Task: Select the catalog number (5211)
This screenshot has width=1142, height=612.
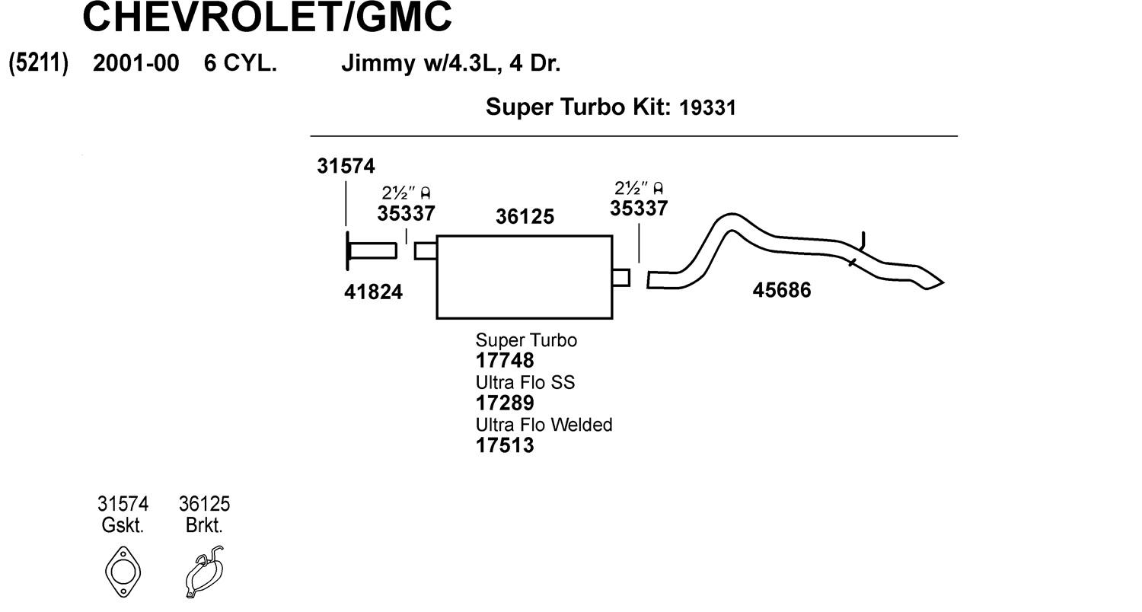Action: pos(39,62)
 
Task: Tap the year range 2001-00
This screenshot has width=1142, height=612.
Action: pos(136,63)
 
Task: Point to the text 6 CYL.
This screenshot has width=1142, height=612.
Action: pos(240,63)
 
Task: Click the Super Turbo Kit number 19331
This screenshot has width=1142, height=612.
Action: pos(707,108)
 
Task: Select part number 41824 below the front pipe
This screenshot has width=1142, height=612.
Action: pos(373,291)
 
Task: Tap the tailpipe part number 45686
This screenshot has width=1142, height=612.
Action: pos(781,290)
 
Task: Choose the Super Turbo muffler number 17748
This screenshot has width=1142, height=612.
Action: pos(505,360)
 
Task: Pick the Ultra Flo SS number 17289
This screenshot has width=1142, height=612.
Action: pos(505,403)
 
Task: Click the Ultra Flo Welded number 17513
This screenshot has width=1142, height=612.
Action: pos(505,445)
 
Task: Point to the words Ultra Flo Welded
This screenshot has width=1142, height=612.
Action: pos(544,424)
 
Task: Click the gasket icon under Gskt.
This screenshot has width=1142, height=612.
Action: pos(123,571)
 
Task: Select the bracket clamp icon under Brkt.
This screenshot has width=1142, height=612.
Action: pos(204,571)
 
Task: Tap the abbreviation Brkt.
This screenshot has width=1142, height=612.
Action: pos(204,525)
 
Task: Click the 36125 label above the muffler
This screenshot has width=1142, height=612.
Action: pos(525,218)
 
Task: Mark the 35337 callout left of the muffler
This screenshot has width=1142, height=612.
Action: pos(406,214)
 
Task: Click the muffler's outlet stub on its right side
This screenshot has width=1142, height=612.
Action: pos(621,278)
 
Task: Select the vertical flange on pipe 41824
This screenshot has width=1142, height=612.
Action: pos(348,250)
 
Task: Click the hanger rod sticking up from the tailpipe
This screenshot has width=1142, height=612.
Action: pos(863,241)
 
